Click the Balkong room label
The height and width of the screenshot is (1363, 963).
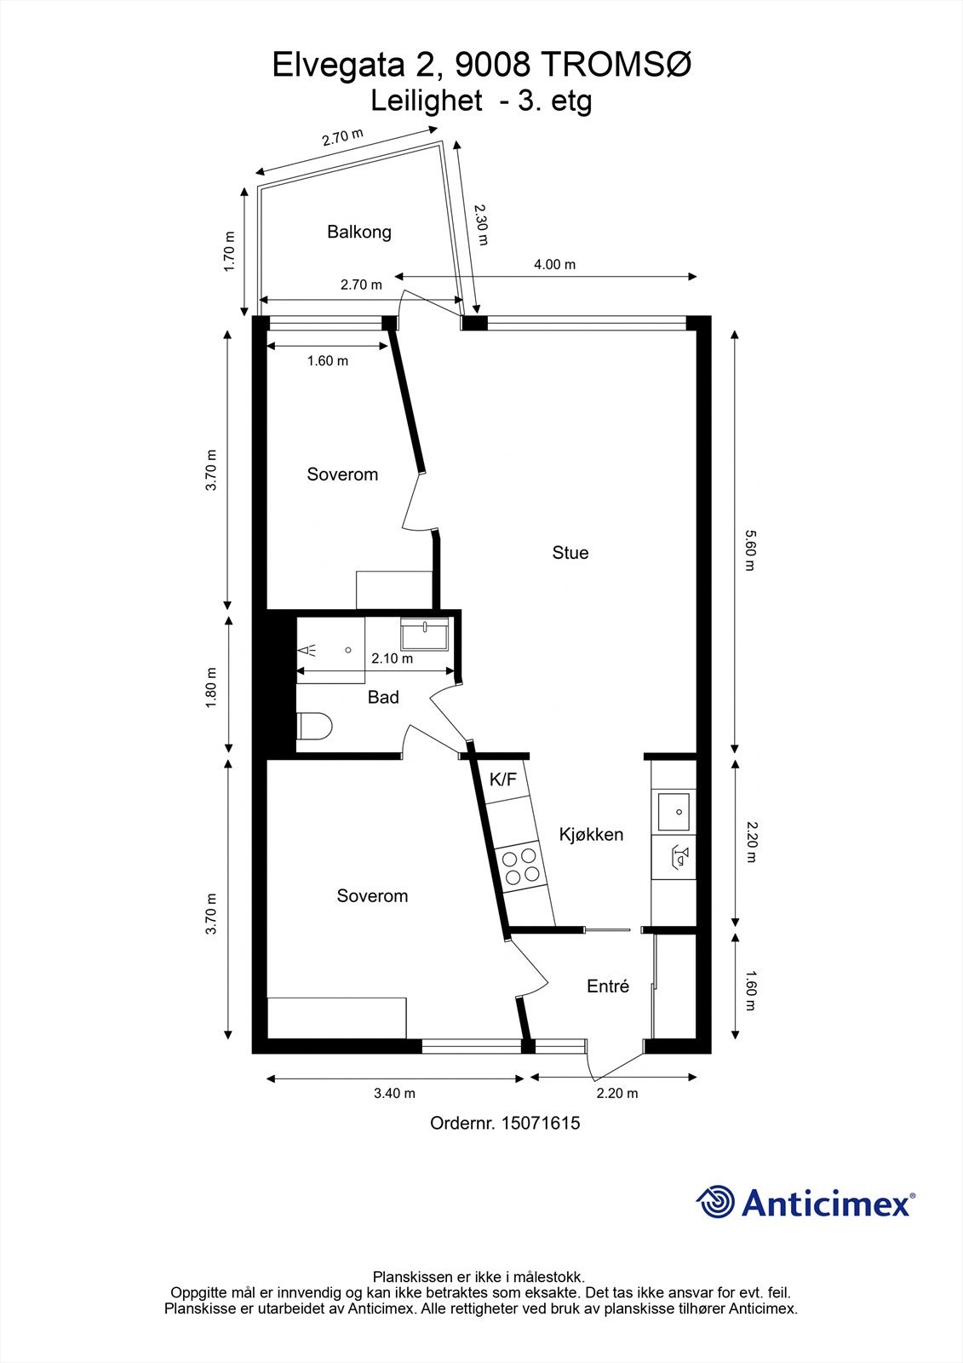click(x=358, y=232)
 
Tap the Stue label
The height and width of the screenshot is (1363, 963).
click(x=570, y=553)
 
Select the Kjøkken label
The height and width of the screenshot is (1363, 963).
click(x=591, y=835)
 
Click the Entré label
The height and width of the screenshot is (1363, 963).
click(x=608, y=986)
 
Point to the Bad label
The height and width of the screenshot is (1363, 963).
click(x=383, y=698)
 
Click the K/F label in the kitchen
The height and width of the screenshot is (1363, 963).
click(x=502, y=779)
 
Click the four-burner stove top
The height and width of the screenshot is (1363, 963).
click(x=520, y=866)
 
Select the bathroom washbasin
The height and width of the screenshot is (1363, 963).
click(x=425, y=635)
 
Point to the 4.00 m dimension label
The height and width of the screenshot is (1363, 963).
click(x=554, y=265)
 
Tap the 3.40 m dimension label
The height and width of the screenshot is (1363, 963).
click(x=394, y=1094)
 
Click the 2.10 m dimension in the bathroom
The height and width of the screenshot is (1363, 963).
click(x=392, y=658)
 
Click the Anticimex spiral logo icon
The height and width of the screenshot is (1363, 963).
click(x=715, y=1202)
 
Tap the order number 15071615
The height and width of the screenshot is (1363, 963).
click(x=541, y=1123)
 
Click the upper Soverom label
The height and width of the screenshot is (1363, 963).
click(x=342, y=474)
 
